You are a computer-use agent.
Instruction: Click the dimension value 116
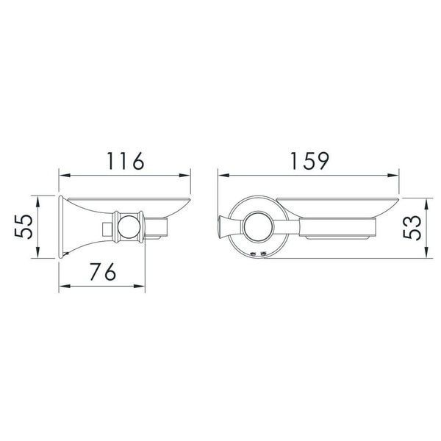click(126, 161)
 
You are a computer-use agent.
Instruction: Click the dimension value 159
click(309, 161)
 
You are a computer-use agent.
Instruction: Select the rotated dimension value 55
click(24, 226)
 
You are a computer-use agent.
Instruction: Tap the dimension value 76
click(103, 272)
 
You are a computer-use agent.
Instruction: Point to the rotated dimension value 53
click(412, 228)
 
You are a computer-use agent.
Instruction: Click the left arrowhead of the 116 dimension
click(65, 175)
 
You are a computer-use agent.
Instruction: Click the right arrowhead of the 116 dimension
click(184, 175)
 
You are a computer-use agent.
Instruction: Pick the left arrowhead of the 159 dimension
click(224, 175)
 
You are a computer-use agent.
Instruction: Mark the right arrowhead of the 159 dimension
click(393, 175)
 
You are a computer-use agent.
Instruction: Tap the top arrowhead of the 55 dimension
click(37, 201)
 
